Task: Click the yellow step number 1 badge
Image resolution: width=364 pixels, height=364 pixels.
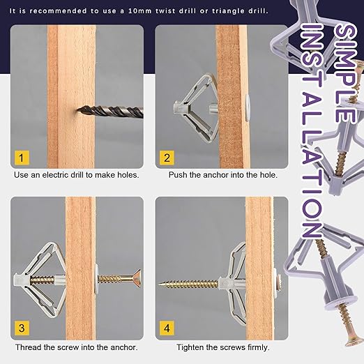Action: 22,158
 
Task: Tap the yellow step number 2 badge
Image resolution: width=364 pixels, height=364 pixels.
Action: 167,158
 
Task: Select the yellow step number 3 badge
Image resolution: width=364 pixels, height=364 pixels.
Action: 22,328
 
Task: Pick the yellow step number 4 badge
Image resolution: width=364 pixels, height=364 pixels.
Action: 167,328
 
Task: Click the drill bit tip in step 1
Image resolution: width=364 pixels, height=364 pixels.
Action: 77,109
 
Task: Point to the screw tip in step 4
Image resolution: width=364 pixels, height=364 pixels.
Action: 160,284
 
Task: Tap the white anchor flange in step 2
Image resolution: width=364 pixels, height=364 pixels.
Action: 248,107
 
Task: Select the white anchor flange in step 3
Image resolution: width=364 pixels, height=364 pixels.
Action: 97,279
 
